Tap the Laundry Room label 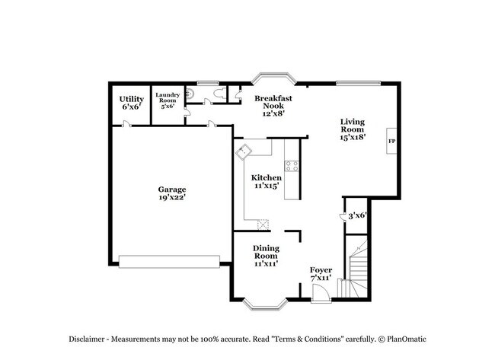tap(168, 97)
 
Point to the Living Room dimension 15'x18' tap(353, 138)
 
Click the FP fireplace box tap(392, 142)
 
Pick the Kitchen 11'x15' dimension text tap(267, 186)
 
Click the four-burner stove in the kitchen tap(292, 165)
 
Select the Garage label tap(172, 190)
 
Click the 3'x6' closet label tap(357, 215)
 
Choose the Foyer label tap(321, 270)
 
